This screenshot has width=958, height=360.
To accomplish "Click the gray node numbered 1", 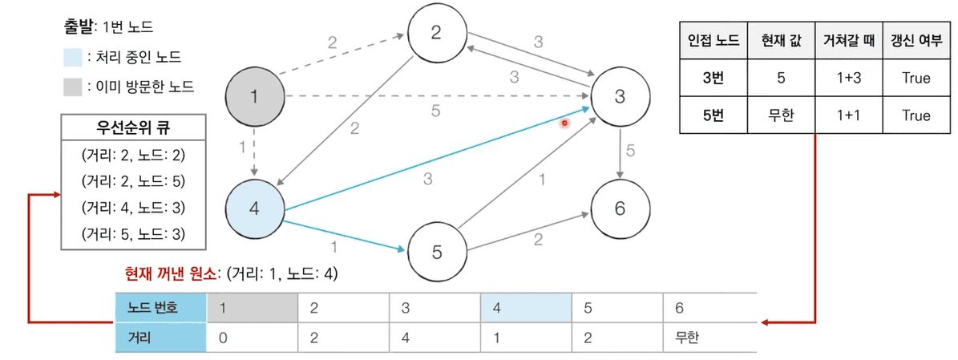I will coord(253,98).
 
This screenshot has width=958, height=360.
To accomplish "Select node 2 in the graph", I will coord(436,33).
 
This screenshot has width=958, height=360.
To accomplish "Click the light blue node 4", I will coord(253,209).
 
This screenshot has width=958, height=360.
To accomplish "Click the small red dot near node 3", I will coord(564,123).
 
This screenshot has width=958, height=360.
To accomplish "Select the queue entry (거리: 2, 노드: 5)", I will coord(133,180).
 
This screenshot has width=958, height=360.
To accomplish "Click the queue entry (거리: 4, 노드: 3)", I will coord(133,207).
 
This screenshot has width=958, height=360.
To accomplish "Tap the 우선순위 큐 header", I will coord(133,127).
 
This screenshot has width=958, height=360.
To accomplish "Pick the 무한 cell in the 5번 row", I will coord(775,115).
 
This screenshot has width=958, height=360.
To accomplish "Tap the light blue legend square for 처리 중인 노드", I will coord(72,57).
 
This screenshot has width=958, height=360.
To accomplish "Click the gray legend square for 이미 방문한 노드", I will coord(72,86).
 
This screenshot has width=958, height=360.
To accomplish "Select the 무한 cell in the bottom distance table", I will coord(687,338).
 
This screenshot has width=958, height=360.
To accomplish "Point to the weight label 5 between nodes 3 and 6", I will coord(630,150).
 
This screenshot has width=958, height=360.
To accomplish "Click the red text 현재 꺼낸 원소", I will coord(170,274).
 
